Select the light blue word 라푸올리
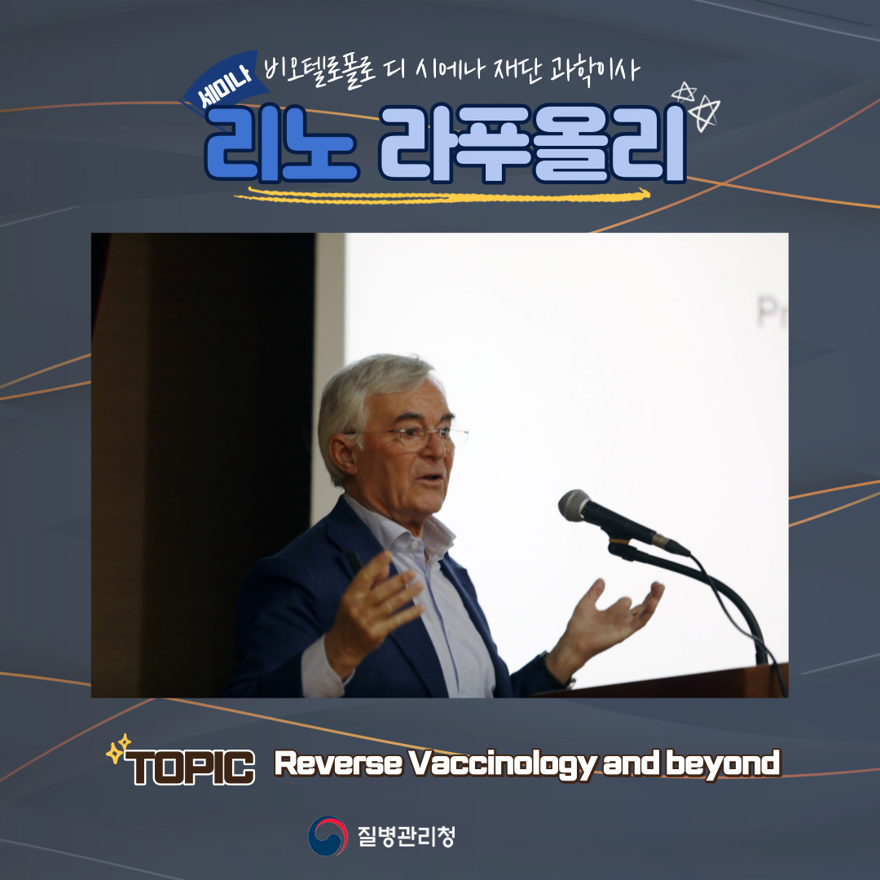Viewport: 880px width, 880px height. coord(533,143)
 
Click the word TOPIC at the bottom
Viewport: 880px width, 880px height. coord(190,767)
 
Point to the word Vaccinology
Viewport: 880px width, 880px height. coord(502,763)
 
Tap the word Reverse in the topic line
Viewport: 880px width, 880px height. coord(338,763)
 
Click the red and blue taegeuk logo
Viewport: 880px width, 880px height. coord(328,836)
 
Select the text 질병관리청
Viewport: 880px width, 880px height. coord(407,836)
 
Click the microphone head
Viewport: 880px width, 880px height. coord(575,505)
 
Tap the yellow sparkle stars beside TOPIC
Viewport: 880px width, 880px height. coord(118,749)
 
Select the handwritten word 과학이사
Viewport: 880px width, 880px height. coord(596,71)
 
